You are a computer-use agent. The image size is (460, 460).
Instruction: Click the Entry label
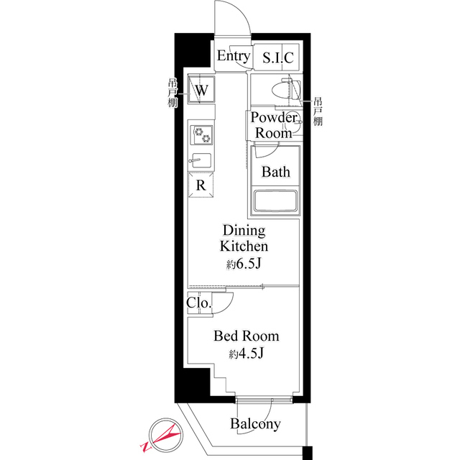(x=234, y=57)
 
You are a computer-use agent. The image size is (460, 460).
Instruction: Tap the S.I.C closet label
(x=277, y=58)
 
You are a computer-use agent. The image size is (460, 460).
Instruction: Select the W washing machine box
(x=202, y=91)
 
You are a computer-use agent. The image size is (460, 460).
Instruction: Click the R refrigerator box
(x=202, y=185)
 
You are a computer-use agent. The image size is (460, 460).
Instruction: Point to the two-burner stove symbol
(x=202, y=134)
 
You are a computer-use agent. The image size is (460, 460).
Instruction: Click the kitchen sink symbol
(x=201, y=160)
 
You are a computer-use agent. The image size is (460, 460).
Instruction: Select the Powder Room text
(x=274, y=125)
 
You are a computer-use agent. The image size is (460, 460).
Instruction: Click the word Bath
(x=275, y=172)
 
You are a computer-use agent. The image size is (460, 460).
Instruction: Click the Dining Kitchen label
(x=244, y=239)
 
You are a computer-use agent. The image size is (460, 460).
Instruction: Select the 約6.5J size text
(x=243, y=264)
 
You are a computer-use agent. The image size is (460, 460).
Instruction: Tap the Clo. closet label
(x=199, y=303)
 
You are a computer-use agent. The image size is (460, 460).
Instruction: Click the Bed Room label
(x=246, y=336)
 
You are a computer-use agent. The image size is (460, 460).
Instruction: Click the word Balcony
(x=255, y=424)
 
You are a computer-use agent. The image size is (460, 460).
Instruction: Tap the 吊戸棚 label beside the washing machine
(x=172, y=91)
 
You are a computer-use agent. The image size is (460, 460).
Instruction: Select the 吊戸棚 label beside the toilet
(x=318, y=111)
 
